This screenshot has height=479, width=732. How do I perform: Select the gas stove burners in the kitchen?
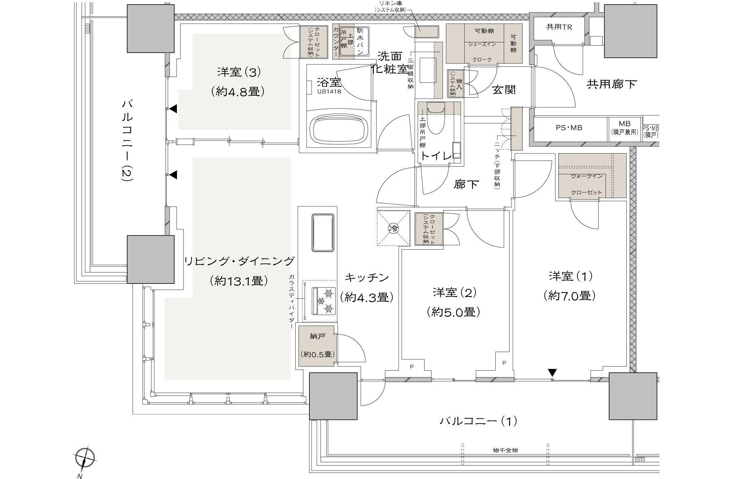(x=324, y=301)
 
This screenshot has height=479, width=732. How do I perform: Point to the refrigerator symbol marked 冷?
(x=393, y=229)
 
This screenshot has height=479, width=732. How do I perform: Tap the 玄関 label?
(x=504, y=90)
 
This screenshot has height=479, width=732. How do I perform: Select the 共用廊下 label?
(x=611, y=84)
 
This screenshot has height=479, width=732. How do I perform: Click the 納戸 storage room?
(x=318, y=345)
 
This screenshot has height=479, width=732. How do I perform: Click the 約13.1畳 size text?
(x=238, y=281)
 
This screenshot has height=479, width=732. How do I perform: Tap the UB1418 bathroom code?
(x=329, y=92)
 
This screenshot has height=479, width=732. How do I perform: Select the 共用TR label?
(x=559, y=27)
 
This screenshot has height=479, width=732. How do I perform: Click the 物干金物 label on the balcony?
(x=505, y=450)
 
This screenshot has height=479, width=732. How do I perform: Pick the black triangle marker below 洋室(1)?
(x=552, y=372)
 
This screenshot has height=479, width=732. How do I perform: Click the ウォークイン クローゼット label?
(x=586, y=184)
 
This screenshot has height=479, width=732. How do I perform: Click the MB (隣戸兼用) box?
(x=625, y=128)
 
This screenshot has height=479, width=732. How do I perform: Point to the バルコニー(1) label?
(x=478, y=421)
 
